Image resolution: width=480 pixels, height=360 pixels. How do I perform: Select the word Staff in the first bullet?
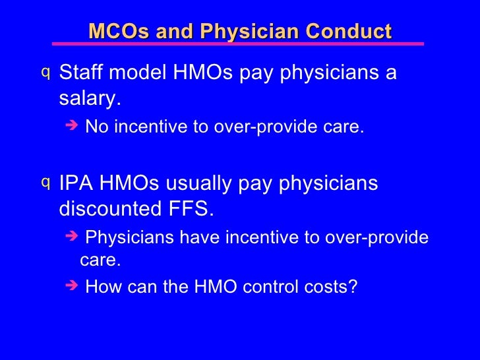pyautogui.click(x=81, y=73)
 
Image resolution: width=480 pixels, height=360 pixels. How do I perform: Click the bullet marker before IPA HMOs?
pyautogui.click(x=45, y=181)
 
